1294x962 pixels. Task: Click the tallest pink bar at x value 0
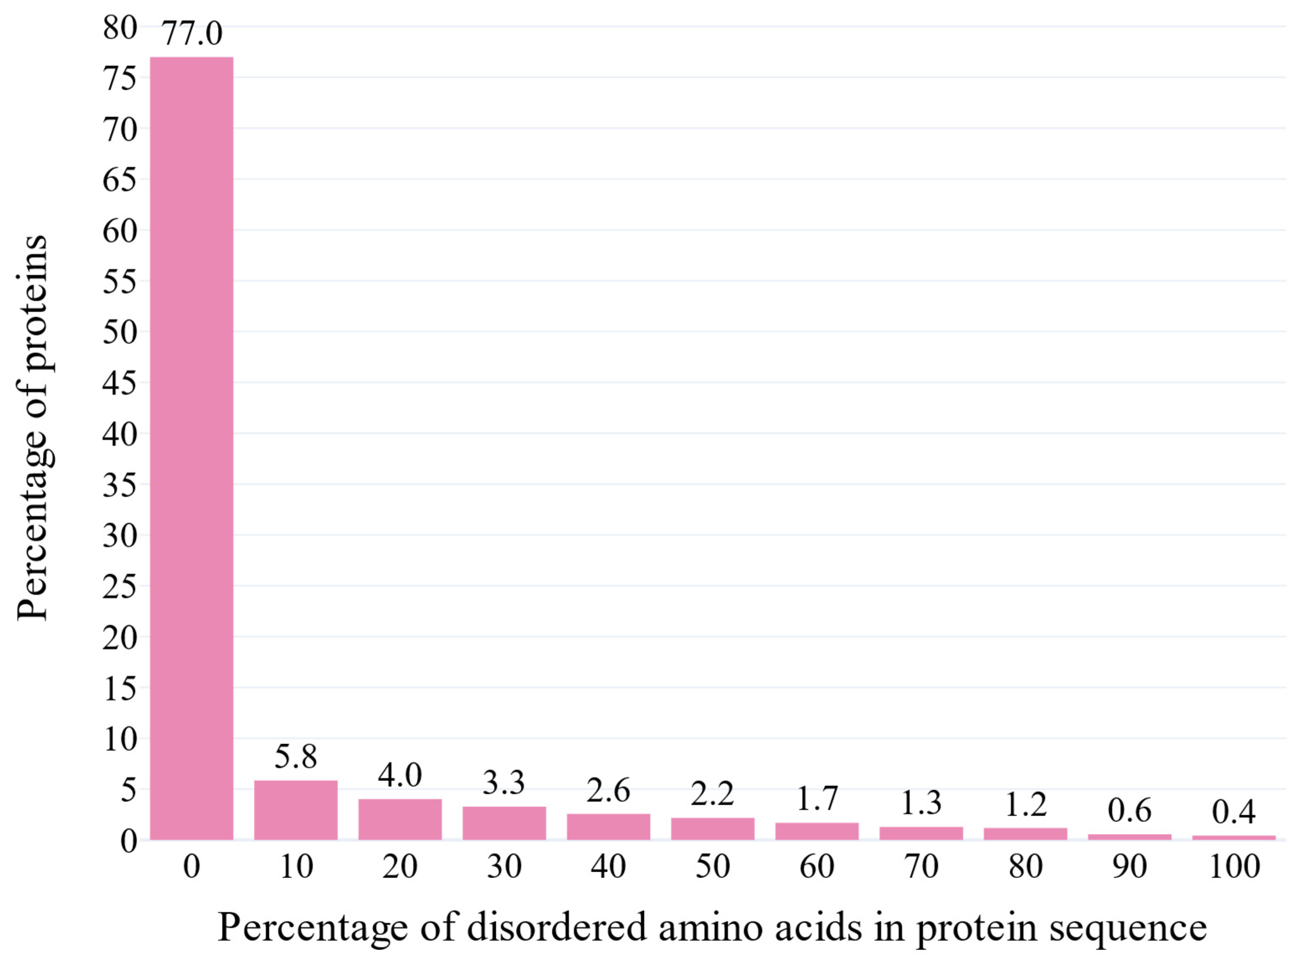pos(192,449)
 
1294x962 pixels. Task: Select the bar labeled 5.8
pos(296,810)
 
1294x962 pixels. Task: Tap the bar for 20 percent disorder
pos(400,819)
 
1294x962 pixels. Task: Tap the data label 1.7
pos(816,798)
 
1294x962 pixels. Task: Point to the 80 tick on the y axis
pos(120,27)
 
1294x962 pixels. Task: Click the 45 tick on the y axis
pos(120,383)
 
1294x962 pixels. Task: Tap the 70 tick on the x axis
pos(921,867)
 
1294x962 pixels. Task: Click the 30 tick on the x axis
pos(504,867)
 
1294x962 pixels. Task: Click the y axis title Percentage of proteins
pos(32,428)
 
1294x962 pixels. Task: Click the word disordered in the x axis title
pos(557,927)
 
